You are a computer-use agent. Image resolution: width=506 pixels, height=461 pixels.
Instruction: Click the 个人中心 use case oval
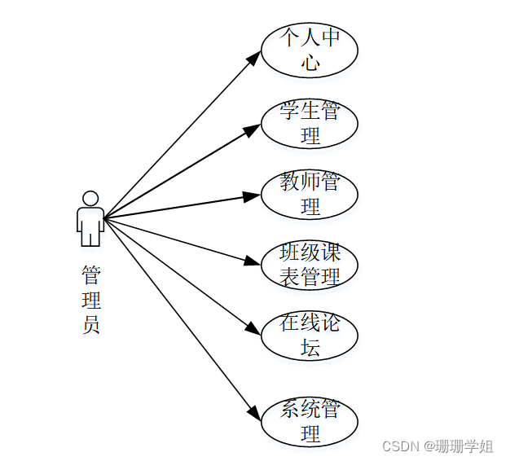click(310, 50)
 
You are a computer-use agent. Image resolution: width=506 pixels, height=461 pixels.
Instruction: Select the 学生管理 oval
click(310, 123)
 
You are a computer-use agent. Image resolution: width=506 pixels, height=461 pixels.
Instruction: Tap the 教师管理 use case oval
click(310, 194)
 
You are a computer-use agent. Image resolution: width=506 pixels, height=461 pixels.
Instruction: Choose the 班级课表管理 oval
click(310, 265)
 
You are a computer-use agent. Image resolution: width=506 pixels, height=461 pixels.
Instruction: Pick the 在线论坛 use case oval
click(310, 335)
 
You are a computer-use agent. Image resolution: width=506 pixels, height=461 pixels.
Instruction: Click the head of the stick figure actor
click(90, 198)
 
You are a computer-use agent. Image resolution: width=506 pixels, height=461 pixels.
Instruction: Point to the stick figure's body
click(90, 224)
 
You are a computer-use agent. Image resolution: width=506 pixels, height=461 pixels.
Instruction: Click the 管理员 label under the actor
click(90, 299)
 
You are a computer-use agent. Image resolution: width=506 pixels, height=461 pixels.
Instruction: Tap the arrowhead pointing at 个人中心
click(254, 58)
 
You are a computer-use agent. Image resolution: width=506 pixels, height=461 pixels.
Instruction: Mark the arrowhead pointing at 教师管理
click(251, 195)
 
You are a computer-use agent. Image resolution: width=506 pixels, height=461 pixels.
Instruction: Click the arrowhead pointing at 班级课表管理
click(251, 261)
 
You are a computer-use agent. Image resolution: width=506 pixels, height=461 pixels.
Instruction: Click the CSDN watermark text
click(399, 446)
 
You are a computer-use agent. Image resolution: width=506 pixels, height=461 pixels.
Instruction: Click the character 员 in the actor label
click(90, 324)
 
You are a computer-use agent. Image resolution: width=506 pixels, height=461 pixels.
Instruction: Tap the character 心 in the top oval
click(310, 62)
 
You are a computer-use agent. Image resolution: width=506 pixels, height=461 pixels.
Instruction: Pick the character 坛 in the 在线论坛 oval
click(310, 347)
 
